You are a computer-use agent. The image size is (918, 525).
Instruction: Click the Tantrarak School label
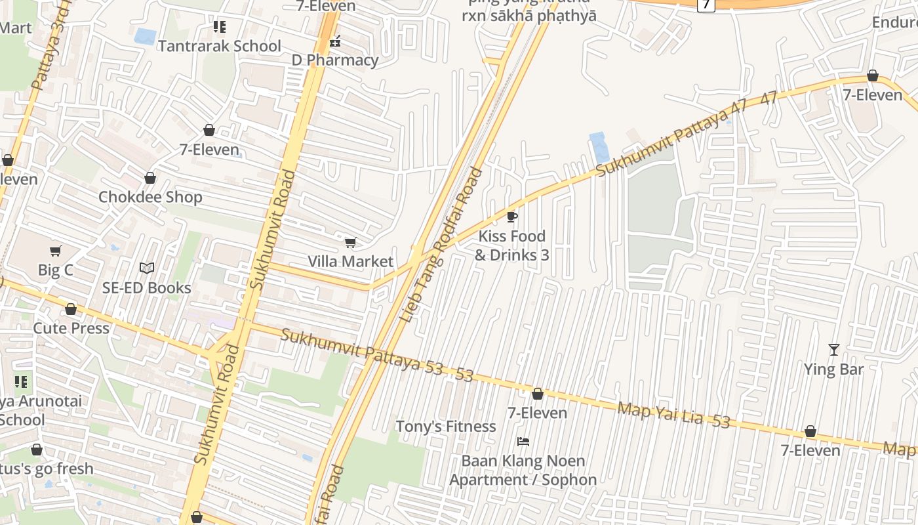[x=219, y=46]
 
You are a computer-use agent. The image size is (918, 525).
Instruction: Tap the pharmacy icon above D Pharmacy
[x=335, y=41]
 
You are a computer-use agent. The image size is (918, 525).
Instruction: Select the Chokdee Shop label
[x=150, y=197]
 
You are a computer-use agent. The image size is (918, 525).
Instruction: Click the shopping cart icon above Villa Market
[x=351, y=243]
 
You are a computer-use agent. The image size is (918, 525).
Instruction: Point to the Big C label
[x=55, y=270]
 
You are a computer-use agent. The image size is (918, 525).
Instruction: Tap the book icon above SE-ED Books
[x=147, y=268]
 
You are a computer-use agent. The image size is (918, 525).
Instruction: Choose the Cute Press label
[x=71, y=327]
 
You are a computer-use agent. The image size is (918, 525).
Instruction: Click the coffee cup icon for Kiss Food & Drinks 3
[x=512, y=217]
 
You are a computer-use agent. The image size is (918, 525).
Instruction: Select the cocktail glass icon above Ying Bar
[x=833, y=350]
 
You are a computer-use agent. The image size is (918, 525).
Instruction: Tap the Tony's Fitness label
[x=445, y=427]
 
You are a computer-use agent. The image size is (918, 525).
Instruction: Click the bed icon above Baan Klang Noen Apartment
[x=523, y=442]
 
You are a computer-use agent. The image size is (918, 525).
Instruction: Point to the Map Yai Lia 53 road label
[x=673, y=415]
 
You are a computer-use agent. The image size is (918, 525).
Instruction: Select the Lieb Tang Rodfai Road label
[x=441, y=245]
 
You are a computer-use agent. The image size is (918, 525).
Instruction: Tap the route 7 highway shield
[x=706, y=4]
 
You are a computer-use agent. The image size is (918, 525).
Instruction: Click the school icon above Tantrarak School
[x=220, y=27]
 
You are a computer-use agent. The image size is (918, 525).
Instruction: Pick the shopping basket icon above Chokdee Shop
[x=150, y=178]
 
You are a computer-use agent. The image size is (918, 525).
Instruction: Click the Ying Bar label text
[x=833, y=369]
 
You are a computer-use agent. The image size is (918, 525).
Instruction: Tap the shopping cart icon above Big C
[x=55, y=251]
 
